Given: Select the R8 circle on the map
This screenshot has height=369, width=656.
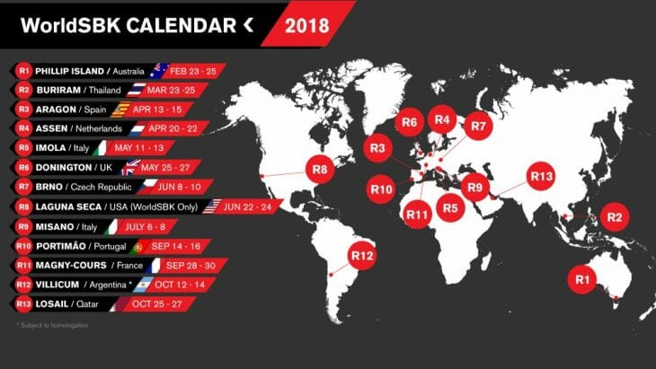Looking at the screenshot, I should click(320, 167).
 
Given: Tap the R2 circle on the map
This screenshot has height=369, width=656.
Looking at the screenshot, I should click(615, 216).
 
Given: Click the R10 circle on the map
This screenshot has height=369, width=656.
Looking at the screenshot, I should click(382, 189).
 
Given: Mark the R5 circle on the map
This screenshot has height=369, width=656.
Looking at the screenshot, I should click(450, 208).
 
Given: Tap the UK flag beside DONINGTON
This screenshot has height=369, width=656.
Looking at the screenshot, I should click(131, 166).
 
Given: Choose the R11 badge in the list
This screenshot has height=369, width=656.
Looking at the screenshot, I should click(23, 264).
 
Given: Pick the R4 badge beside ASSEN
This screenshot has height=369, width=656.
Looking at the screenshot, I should click(23, 127).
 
